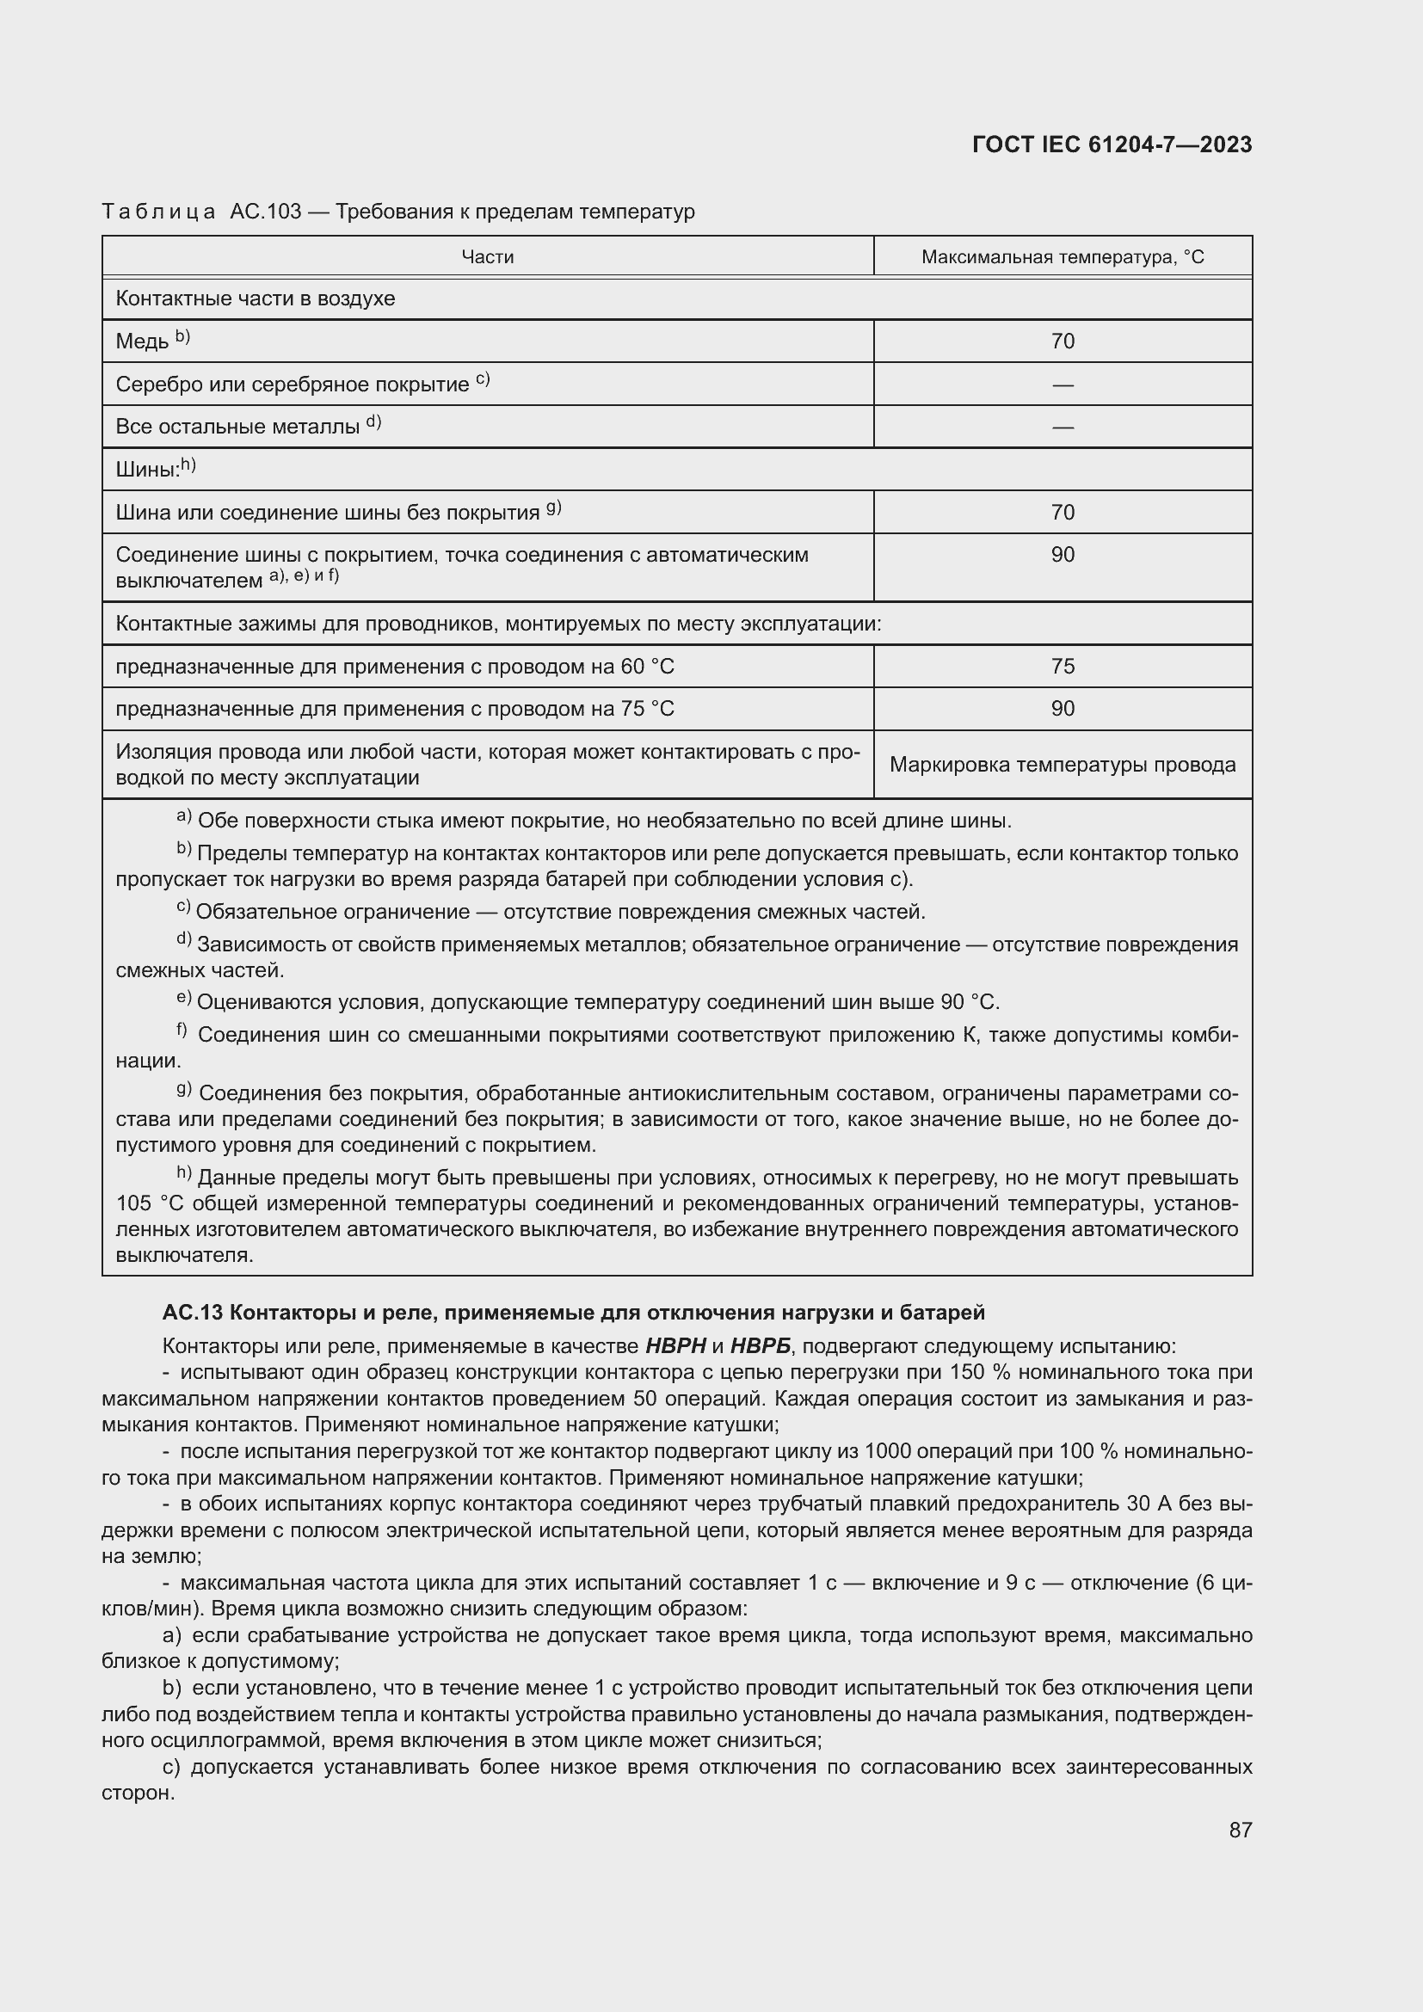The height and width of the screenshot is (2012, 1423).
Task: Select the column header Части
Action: tap(487, 256)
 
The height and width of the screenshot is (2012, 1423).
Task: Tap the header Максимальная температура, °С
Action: tap(1062, 256)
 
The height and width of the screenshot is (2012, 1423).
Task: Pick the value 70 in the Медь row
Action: tap(1062, 341)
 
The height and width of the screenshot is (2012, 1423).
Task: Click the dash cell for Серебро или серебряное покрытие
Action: tap(1062, 385)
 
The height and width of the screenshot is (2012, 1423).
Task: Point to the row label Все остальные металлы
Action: tap(237, 427)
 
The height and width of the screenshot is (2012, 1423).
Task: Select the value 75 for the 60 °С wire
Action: tap(1062, 666)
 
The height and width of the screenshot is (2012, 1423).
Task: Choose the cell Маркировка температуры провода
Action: tap(1062, 765)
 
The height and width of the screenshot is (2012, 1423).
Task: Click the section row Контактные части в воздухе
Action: tap(255, 298)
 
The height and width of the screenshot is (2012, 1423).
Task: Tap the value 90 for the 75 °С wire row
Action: tap(1062, 708)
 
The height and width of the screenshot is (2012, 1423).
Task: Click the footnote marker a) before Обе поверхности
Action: tap(183, 816)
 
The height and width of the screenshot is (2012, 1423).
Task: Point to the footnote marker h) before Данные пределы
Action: tap(183, 1172)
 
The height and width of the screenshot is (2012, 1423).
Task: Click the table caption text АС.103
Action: tap(265, 212)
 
